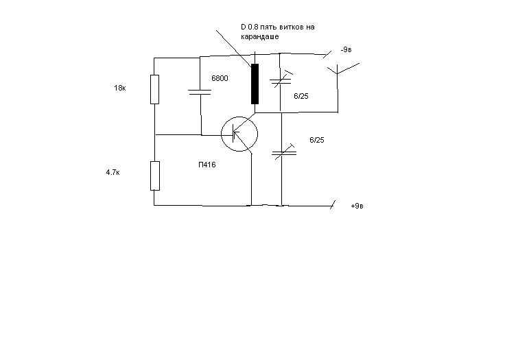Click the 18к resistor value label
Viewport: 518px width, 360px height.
tap(119, 88)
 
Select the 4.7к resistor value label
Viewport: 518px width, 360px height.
tap(113, 172)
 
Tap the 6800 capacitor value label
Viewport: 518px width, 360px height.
tap(220, 78)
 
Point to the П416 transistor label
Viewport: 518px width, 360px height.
tap(207, 165)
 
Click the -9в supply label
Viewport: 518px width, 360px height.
tap(346, 50)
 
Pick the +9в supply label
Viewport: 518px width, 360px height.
tap(357, 206)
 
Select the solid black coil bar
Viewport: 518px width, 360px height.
tap(255, 84)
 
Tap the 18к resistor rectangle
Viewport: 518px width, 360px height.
tap(154, 90)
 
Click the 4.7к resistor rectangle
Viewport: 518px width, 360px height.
tap(155, 176)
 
